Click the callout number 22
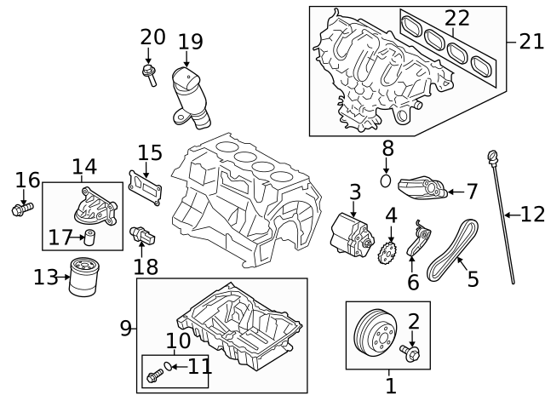point(456,17)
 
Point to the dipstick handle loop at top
point(491,155)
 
